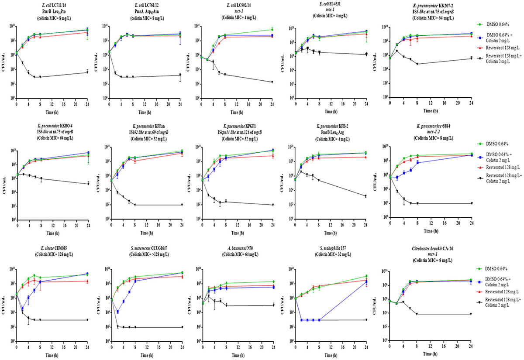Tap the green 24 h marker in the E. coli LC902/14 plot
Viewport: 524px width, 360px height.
(272, 30)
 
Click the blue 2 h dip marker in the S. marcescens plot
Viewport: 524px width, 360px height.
(118, 312)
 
